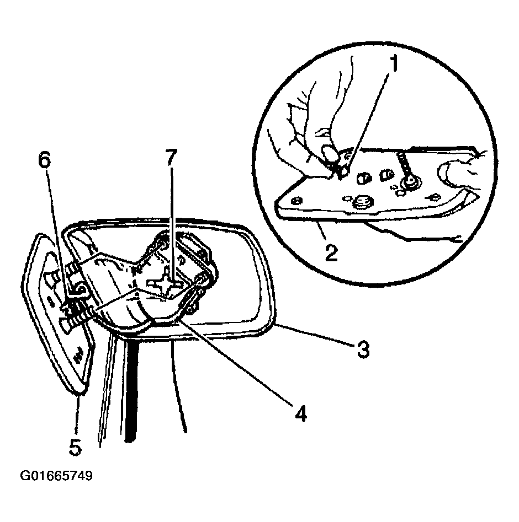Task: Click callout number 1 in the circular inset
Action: [394, 63]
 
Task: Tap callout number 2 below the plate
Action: [331, 252]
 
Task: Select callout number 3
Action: [363, 349]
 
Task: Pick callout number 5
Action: [75, 447]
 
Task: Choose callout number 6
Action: [44, 161]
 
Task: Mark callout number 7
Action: [171, 158]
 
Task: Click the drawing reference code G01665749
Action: [56, 476]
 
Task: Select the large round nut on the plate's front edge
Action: [362, 202]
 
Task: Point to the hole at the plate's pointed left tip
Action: [295, 201]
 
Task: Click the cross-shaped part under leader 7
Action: [165, 284]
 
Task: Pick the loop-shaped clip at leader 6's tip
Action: [81, 289]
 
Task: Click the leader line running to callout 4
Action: [235, 361]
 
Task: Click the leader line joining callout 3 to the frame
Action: [316, 335]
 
